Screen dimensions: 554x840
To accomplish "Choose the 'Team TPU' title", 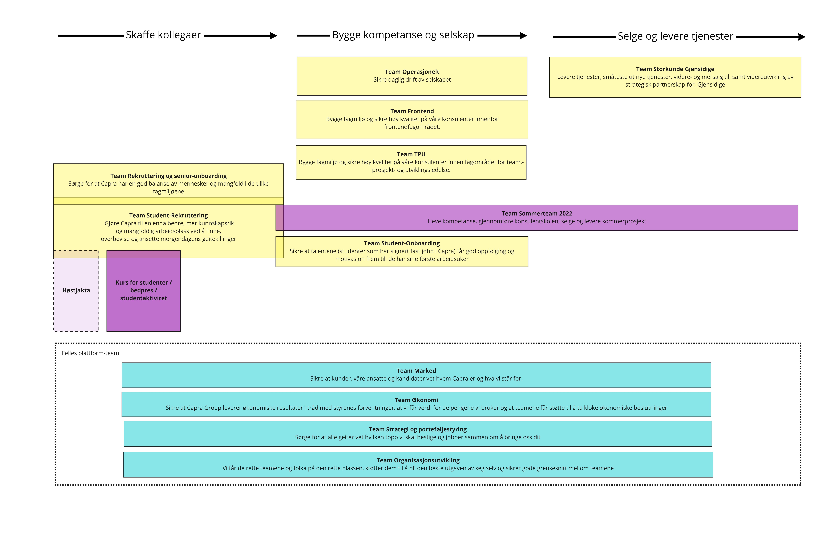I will [x=411, y=154].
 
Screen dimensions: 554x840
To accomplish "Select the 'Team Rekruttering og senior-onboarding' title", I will [x=168, y=176].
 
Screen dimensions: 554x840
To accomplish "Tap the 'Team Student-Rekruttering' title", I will [x=168, y=216].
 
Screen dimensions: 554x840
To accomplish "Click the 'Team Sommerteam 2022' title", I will [x=537, y=213].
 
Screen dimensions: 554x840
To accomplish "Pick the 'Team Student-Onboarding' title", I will [x=402, y=243].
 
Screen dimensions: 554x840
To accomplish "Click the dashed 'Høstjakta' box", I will [x=76, y=290].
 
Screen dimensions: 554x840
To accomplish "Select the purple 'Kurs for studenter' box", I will [x=144, y=290].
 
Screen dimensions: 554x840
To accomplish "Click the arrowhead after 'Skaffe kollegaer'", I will [x=273, y=36].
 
